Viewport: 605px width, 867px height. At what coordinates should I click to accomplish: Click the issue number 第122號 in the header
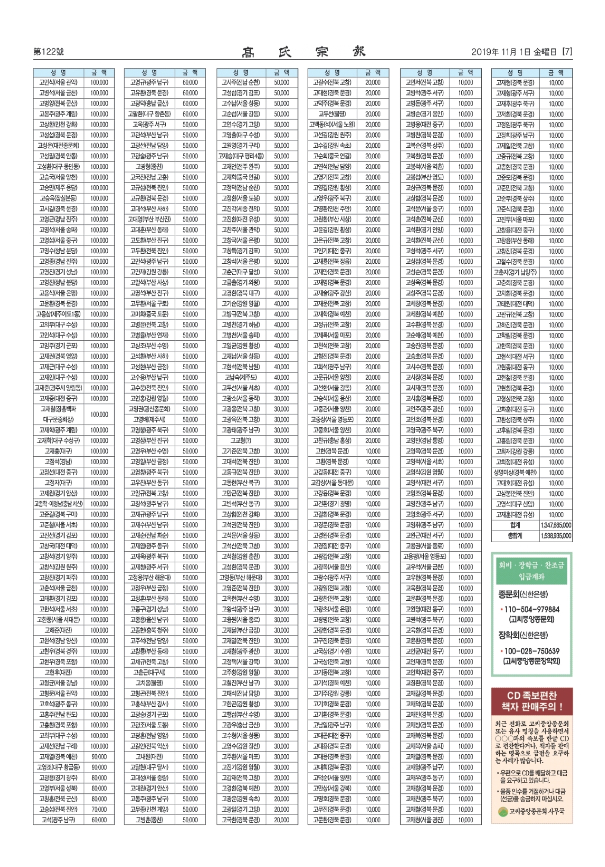(x=48, y=52)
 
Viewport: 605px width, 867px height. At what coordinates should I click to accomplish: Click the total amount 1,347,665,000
(x=555, y=525)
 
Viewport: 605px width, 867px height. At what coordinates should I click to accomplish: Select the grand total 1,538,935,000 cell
(x=555, y=536)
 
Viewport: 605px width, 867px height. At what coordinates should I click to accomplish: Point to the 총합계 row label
(x=515, y=536)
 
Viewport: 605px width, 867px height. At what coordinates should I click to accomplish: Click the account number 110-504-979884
(x=531, y=609)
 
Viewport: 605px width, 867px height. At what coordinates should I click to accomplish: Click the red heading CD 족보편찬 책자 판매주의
(x=531, y=701)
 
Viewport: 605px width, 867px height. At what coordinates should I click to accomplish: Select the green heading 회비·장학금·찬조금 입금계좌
(x=531, y=571)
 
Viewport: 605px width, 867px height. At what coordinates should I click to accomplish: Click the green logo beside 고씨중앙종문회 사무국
(x=503, y=812)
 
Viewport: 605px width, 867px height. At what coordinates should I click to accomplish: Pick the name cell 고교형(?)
(x=241, y=440)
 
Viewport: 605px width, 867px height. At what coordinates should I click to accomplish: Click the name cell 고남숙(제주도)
(x=241, y=377)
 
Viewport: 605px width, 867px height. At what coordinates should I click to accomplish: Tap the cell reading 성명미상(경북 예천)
(x=515, y=472)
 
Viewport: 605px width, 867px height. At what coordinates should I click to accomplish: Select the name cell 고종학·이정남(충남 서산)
(x=58, y=504)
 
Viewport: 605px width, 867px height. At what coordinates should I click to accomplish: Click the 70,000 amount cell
(x=99, y=809)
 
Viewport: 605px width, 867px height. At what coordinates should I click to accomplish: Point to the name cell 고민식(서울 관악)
(x=58, y=82)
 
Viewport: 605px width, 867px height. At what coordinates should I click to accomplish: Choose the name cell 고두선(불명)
(x=332, y=114)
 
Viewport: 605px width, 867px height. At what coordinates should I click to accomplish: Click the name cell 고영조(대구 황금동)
(x=58, y=767)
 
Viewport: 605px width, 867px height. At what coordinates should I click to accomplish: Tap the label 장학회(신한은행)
(x=523, y=635)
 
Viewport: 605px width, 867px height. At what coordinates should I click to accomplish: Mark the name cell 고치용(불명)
(x=149, y=683)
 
